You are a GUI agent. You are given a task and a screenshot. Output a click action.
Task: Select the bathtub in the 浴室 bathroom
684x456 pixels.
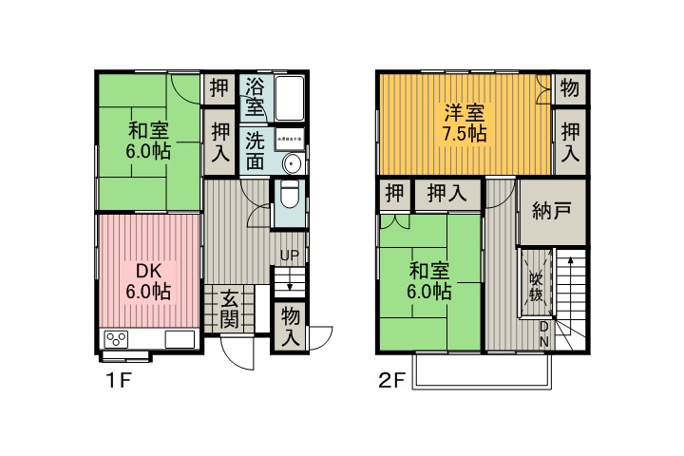point(288,98)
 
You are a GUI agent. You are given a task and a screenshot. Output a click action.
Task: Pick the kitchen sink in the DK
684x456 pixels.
point(180,339)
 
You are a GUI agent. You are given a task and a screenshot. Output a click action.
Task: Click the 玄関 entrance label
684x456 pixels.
point(229,310)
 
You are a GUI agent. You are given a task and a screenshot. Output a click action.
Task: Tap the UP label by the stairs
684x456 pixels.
point(289,256)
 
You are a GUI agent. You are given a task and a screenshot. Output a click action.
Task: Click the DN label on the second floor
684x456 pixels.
point(543,333)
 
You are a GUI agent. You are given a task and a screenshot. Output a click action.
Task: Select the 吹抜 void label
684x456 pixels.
point(536,286)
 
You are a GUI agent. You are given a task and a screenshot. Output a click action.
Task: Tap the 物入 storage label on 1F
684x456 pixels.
point(291,326)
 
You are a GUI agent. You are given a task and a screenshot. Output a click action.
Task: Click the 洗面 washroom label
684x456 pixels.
point(255,150)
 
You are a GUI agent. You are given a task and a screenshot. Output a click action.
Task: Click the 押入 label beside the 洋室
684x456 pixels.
point(569,140)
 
